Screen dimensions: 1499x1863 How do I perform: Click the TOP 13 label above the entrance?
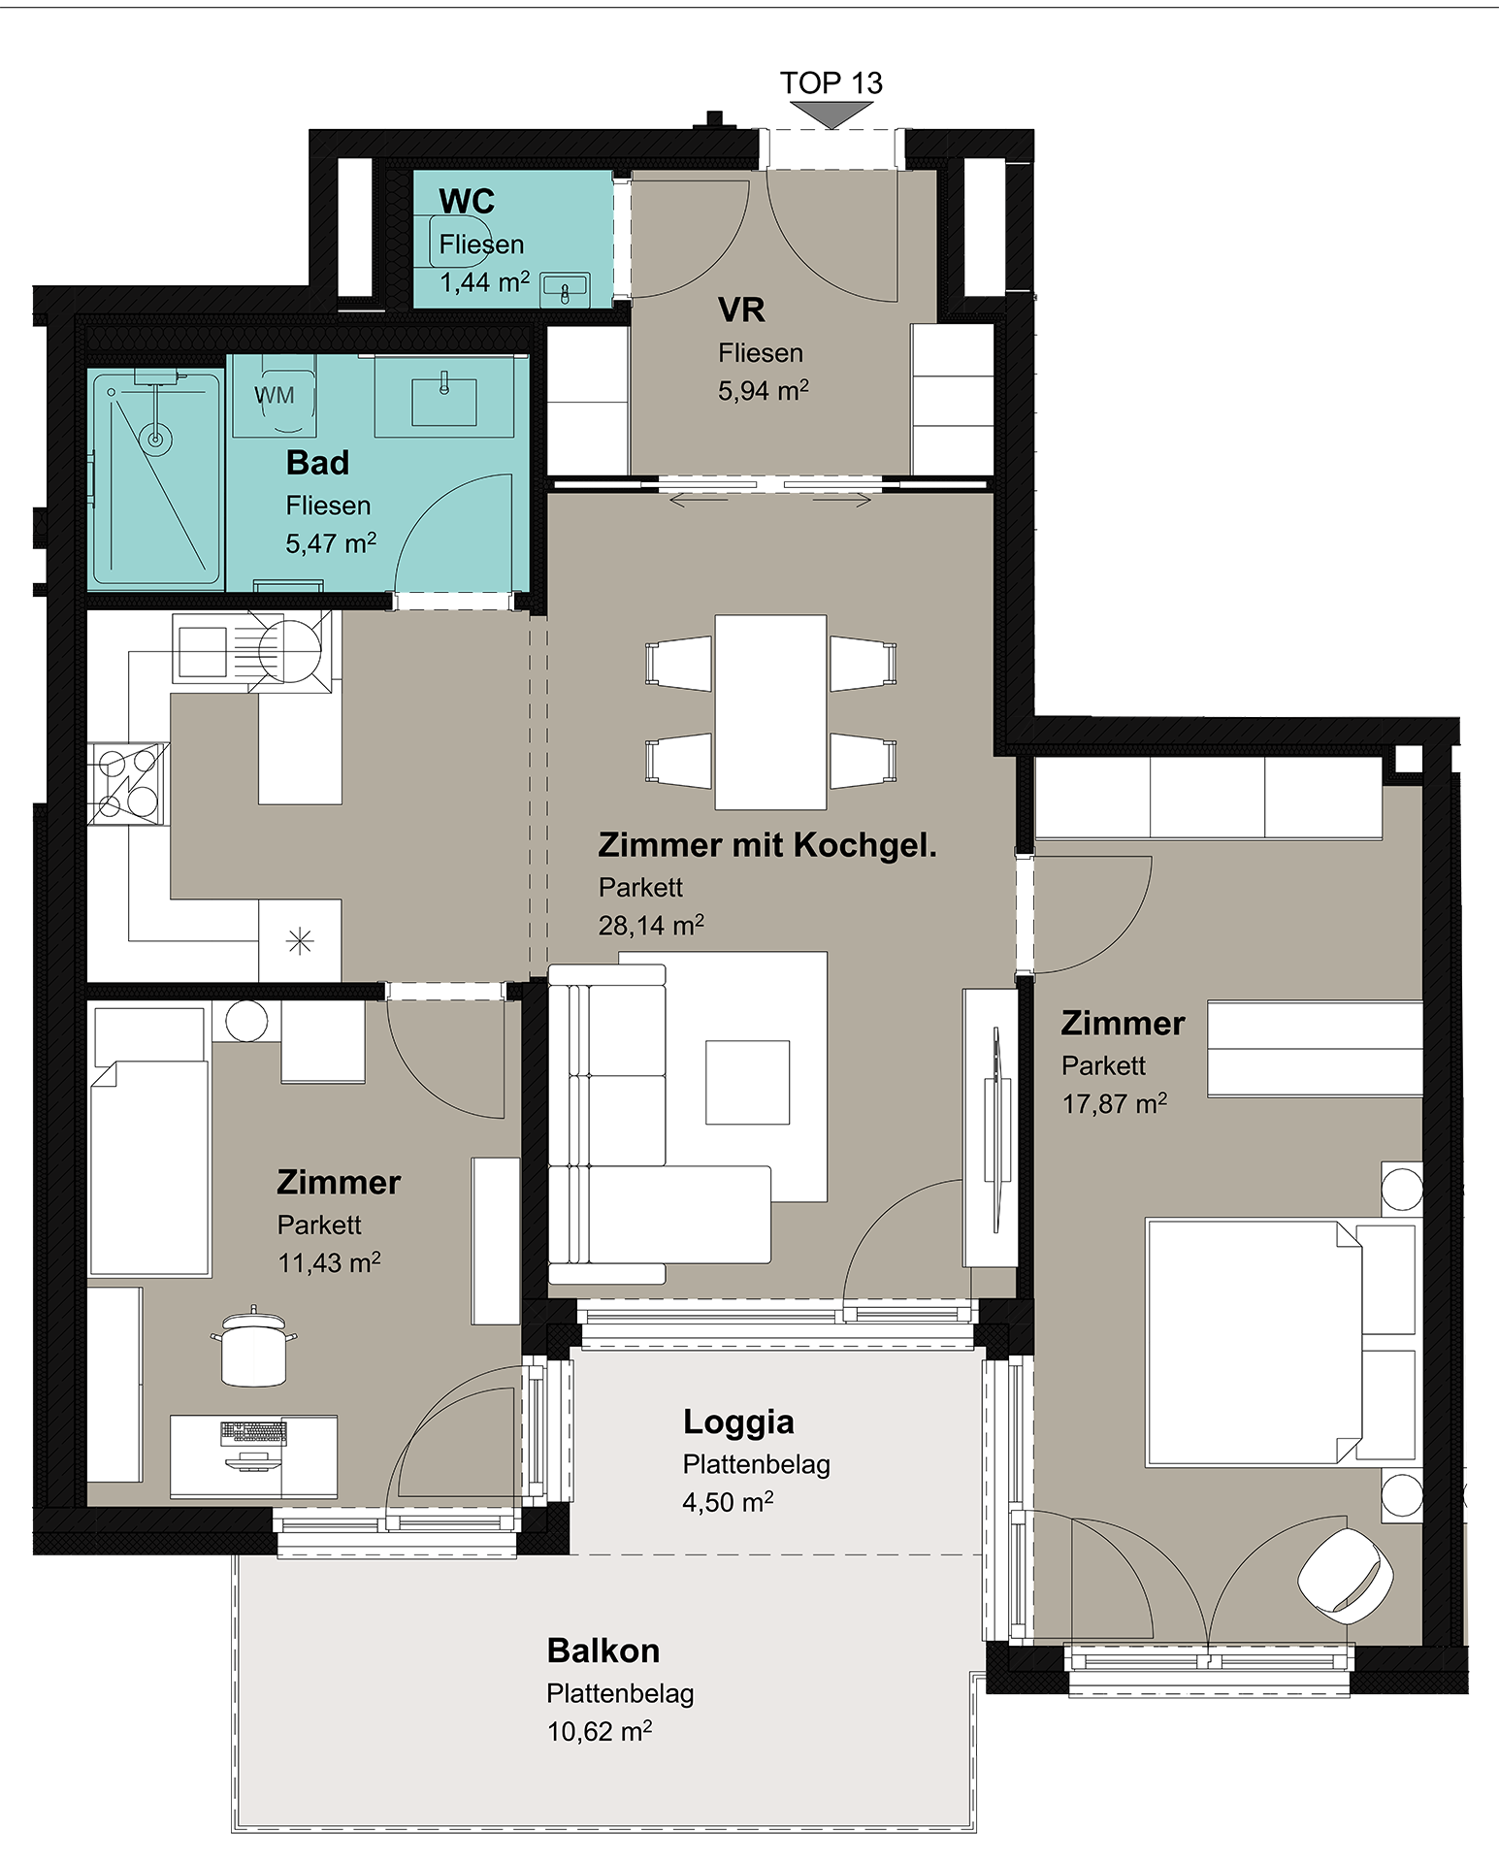[831, 83]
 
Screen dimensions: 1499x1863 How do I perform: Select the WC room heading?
[467, 202]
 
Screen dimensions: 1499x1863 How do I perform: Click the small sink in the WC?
[565, 289]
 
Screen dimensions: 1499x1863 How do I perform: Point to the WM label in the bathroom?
[275, 395]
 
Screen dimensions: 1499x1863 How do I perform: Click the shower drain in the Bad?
[155, 440]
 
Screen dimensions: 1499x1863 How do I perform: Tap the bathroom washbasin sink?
[444, 401]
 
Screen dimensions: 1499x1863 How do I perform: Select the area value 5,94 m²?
[764, 391]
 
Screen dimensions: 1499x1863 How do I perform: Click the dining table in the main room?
[771, 711]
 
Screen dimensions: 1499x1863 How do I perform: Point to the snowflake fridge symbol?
[301, 940]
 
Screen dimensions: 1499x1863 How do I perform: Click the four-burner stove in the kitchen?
[128, 783]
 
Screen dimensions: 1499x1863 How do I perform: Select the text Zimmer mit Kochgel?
[767, 845]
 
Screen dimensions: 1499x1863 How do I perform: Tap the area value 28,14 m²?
[651, 926]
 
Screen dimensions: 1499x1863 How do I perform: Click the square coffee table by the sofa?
[747, 1082]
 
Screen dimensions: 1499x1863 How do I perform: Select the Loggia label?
[738, 1422]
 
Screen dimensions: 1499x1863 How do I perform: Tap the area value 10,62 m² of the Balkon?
[600, 1732]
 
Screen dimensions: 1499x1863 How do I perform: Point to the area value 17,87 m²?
[1115, 1104]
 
